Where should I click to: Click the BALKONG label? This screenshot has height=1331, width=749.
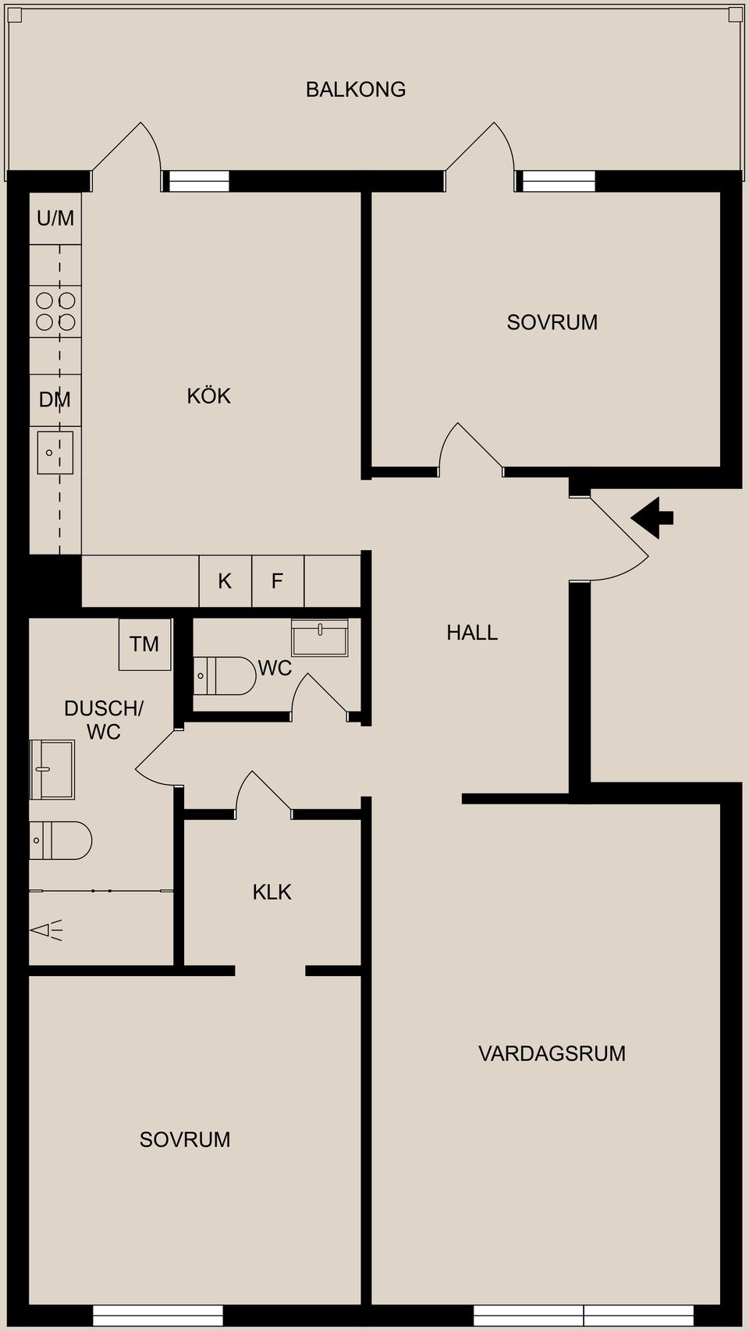pyautogui.click(x=356, y=90)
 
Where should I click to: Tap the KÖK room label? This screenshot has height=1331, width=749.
pyautogui.click(x=208, y=396)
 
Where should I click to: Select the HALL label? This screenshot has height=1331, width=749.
pyautogui.click(x=472, y=633)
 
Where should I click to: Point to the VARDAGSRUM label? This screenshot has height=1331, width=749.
pyautogui.click(x=552, y=1053)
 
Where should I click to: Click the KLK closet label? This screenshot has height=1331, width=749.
pyautogui.click(x=272, y=892)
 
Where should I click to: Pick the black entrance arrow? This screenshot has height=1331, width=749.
pyautogui.click(x=652, y=517)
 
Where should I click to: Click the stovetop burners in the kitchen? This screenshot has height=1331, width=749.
pyautogui.click(x=55, y=311)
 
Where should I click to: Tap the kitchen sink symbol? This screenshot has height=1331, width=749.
pyautogui.click(x=55, y=453)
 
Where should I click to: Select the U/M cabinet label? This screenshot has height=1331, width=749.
pyautogui.click(x=55, y=218)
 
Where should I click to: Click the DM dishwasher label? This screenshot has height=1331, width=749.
pyautogui.click(x=55, y=400)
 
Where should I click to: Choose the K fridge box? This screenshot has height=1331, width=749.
pyautogui.click(x=225, y=581)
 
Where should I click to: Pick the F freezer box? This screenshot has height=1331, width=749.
pyautogui.click(x=278, y=581)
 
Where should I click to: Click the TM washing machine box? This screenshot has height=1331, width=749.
pyautogui.click(x=145, y=644)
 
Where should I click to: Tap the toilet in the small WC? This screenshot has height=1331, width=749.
pyautogui.click(x=225, y=676)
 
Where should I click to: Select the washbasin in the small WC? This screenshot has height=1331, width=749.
pyautogui.click(x=320, y=637)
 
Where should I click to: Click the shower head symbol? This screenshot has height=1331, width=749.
pyautogui.click(x=46, y=930)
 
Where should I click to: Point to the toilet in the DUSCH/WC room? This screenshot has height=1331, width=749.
pyautogui.click(x=61, y=840)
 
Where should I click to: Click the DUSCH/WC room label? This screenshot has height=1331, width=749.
pyautogui.click(x=104, y=720)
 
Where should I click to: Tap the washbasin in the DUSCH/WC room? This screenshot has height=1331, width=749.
pyautogui.click(x=52, y=769)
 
